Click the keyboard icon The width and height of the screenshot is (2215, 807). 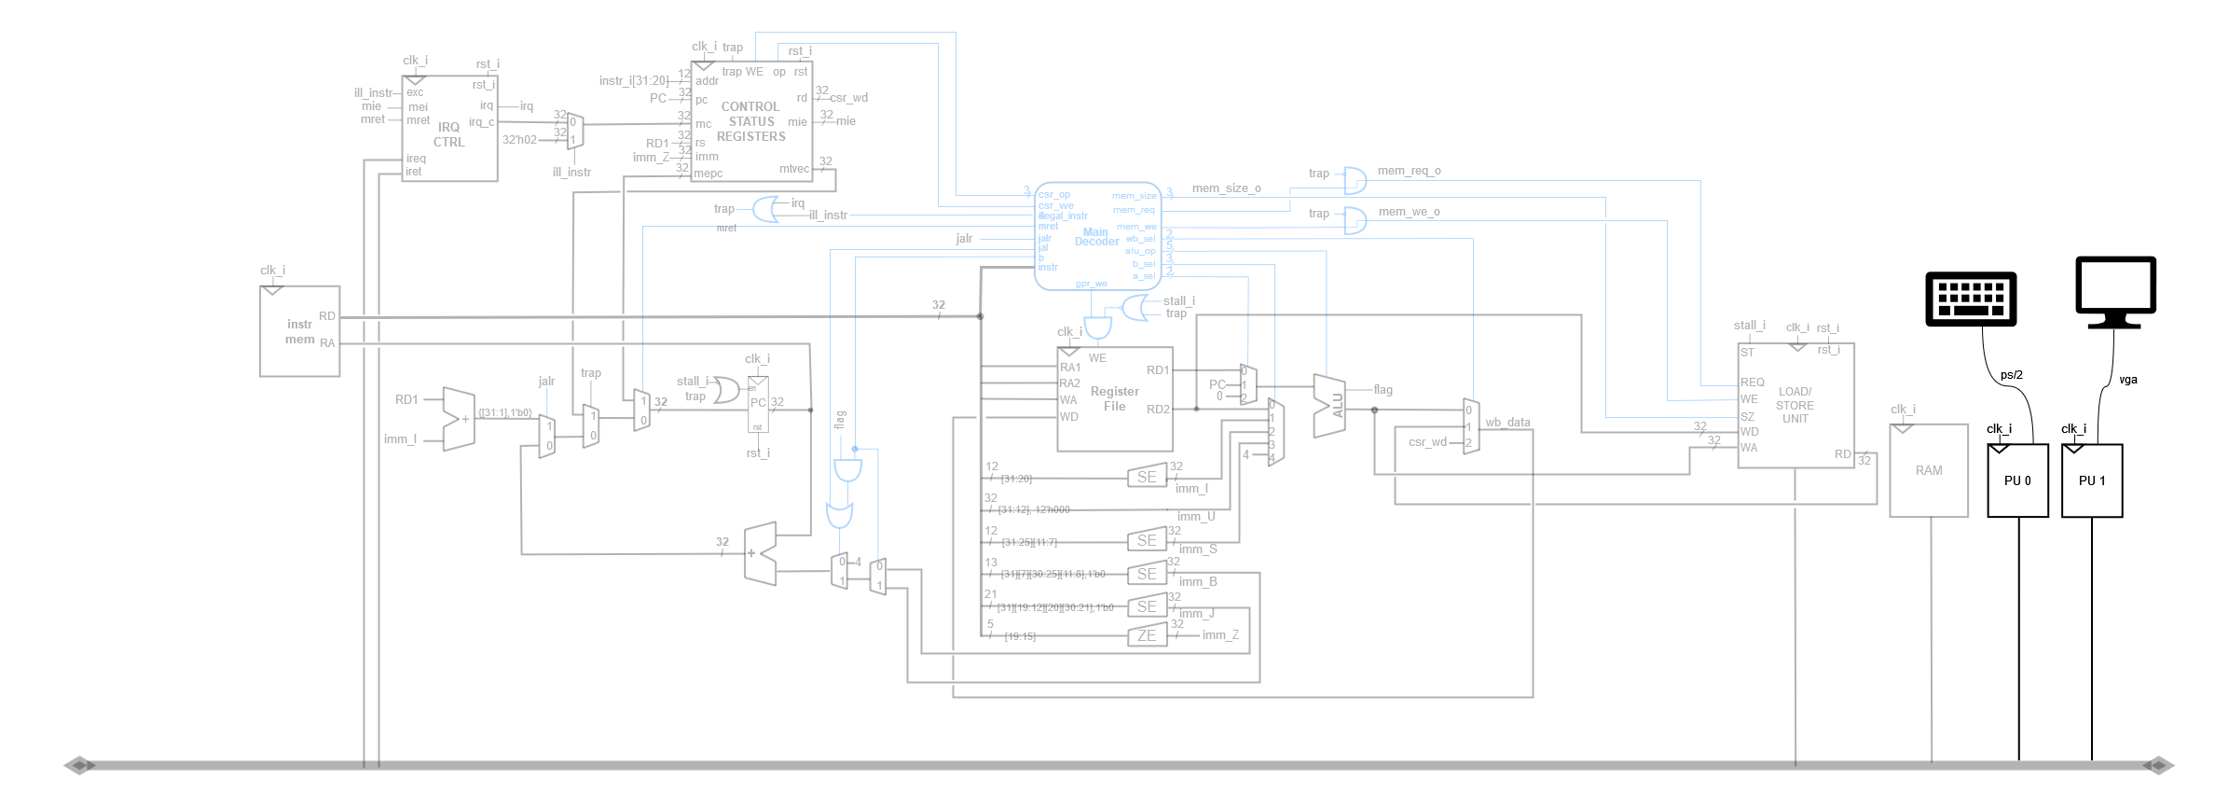pos(1971,299)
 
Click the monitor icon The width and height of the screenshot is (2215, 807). pos(2115,290)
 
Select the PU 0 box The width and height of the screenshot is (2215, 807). pos(2017,480)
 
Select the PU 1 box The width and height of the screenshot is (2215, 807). pos(2092,480)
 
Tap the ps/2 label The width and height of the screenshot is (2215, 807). pos(2011,375)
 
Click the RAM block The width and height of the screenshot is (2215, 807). pos(1929,471)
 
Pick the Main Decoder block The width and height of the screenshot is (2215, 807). pos(1097,236)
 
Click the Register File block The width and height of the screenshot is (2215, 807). pos(1114,399)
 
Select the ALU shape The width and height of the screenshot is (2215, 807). pos(1329,406)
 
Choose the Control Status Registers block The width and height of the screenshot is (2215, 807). pos(751,121)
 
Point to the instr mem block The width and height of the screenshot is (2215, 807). pos(299,331)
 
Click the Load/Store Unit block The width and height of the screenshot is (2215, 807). pos(1795,406)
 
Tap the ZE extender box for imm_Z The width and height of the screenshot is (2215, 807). pos(1147,636)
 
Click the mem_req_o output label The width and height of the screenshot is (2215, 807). pos(1409,171)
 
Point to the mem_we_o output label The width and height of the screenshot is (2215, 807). pos(1409,212)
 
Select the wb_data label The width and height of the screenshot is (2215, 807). pos(1507,423)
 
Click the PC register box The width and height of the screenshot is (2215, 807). pos(758,403)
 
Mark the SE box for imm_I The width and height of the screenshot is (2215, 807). pos(1147,477)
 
